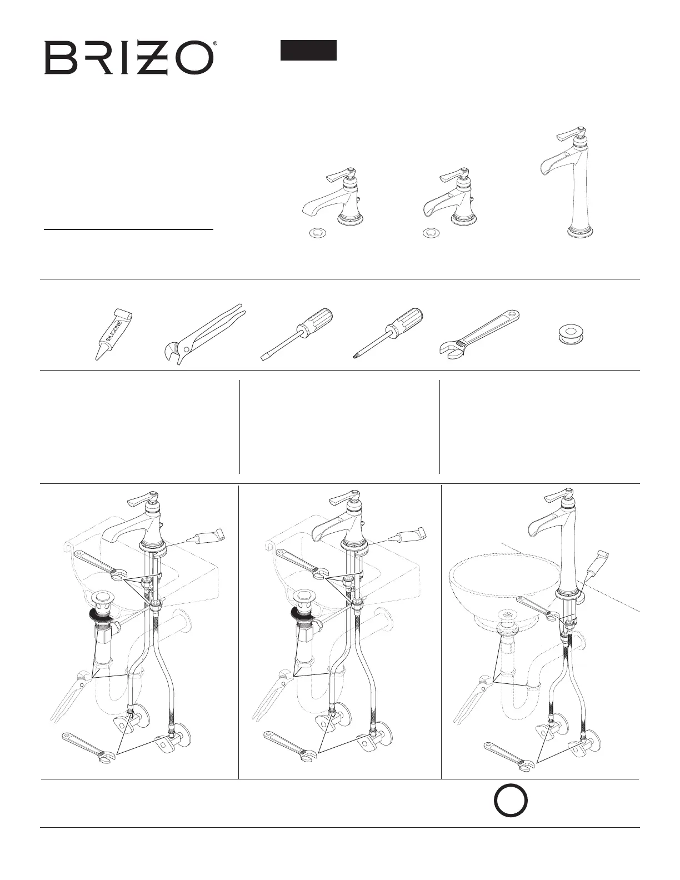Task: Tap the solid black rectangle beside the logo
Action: point(308,50)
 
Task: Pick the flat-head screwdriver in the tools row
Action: point(297,334)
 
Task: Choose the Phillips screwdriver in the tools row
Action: point(388,334)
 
